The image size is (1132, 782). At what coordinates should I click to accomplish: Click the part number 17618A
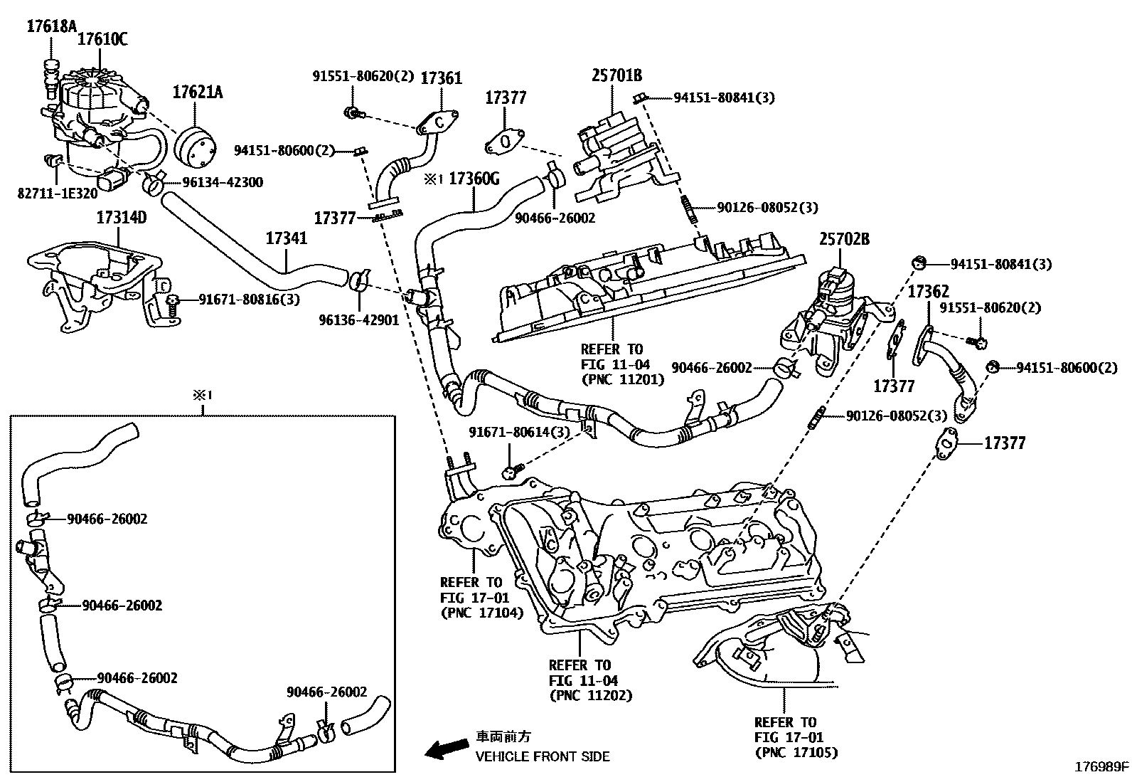(x=51, y=27)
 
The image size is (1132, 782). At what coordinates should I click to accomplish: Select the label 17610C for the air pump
(x=102, y=39)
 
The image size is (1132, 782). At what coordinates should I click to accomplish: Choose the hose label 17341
(x=287, y=238)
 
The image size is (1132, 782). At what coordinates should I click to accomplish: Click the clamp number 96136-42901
(x=359, y=320)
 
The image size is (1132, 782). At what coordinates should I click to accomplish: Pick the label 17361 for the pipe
(x=442, y=78)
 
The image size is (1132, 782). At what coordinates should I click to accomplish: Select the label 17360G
(x=474, y=179)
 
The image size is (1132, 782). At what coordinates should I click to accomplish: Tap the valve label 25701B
(x=617, y=75)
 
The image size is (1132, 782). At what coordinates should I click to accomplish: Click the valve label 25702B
(x=844, y=239)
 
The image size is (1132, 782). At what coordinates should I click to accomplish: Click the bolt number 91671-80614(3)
(x=520, y=433)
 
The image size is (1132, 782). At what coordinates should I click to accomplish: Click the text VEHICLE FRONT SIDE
(x=543, y=756)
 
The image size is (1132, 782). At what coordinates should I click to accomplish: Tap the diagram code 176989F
(x=1101, y=767)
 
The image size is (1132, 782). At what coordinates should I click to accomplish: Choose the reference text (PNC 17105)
(x=796, y=752)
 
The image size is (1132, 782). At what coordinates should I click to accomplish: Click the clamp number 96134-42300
(x=223, y=182)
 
